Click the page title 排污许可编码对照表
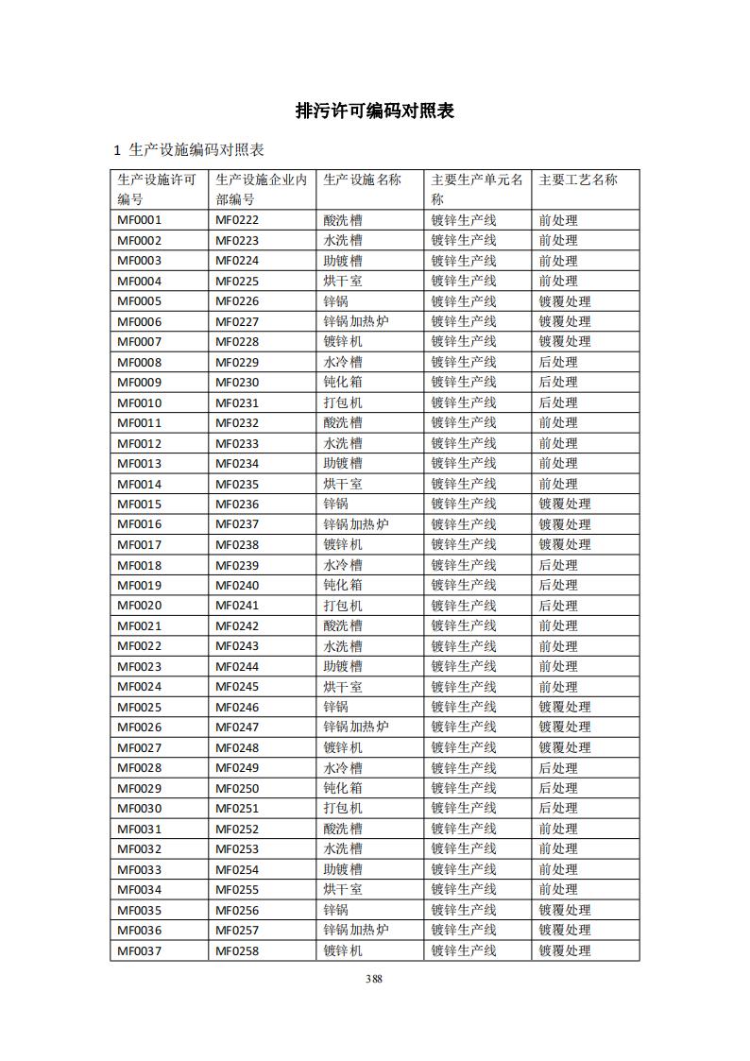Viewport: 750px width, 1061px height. [x=375, y=111]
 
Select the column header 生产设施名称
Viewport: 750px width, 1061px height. [x=362, y=180]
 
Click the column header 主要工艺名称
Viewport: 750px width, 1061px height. [x=578, y=180]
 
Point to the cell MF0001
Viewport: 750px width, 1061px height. [x=139, y=220]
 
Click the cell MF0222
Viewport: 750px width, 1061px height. [x=237, y=220]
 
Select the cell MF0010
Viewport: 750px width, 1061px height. [x=139, y=402]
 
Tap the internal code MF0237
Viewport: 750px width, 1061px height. [x=237, y=524]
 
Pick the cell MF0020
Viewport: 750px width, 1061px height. [x=139, y=606]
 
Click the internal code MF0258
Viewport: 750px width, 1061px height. [x=237, y=950]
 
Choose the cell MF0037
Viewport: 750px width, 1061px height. [x=139, y=950]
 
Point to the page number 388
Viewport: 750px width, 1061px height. [x=374, y=979]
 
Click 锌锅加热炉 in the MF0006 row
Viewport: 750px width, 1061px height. [x=356, y=321]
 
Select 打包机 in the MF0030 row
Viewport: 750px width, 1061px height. [x=343, y=809]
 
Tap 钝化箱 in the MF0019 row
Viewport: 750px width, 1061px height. [x=343, y=586]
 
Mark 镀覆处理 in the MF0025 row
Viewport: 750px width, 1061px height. [x=565, y=707]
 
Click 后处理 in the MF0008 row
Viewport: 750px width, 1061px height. [x=558, y=362]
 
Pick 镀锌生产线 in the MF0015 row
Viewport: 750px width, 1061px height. [x=464, y=505]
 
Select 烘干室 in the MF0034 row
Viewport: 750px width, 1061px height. [x=343, y=890]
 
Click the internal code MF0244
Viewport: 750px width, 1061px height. [x=237, y=666]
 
